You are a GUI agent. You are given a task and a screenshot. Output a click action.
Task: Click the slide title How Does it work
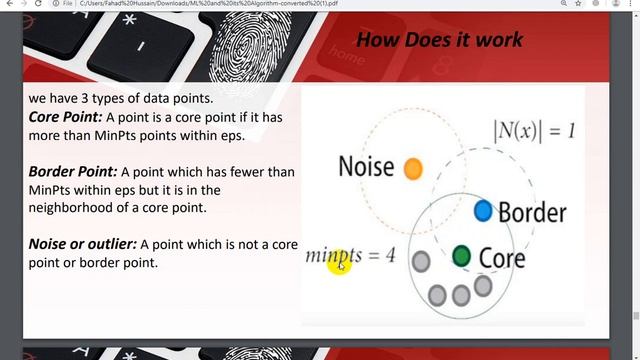(x=439, y=40)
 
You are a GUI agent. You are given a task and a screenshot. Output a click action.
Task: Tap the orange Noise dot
(x=412, y=169)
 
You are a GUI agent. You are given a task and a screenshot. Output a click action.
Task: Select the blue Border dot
(x=482, y=210)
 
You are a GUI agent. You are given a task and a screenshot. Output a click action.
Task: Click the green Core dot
(x=461, y=257)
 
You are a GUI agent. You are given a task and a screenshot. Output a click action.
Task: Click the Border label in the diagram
(x=532, y=212)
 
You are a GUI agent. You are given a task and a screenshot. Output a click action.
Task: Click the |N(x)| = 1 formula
(x=533, y=131)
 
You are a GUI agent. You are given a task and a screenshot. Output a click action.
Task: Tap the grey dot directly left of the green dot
(x=421, y=262)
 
